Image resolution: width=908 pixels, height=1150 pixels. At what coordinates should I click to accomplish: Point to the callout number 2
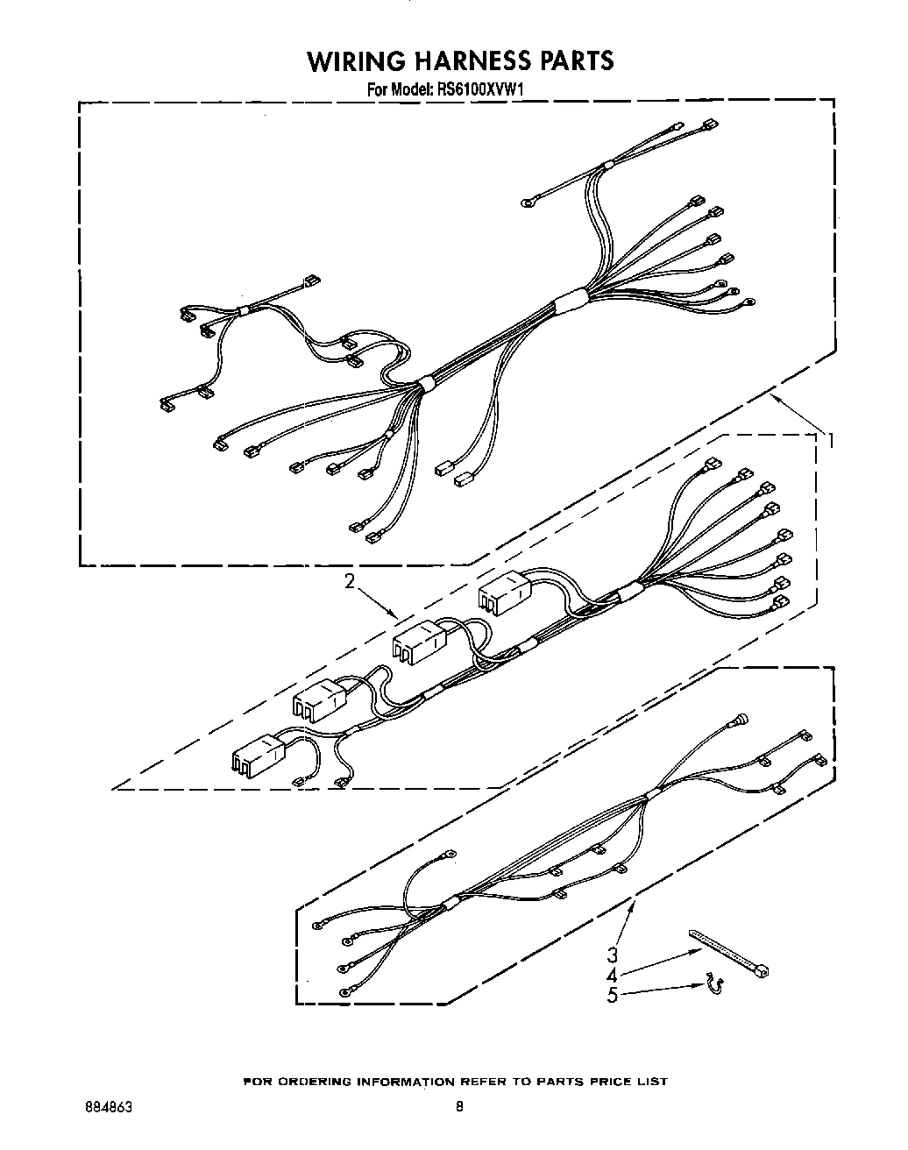click(x=350, y=581)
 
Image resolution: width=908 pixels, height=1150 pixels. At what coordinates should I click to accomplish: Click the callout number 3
click(x=613, y=955)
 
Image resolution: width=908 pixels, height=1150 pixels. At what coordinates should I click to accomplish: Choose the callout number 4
click(x=613, y=975)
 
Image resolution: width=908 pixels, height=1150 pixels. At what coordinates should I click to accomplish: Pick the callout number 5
click(x=613, y=995)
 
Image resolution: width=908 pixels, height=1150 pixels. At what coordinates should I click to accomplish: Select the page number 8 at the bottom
click(x=458, y=1107)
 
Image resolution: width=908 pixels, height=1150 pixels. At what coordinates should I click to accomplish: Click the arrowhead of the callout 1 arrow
click(x=772, y=397)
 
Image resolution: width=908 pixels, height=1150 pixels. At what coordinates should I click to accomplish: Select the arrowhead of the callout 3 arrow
click(x=633, y=904)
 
